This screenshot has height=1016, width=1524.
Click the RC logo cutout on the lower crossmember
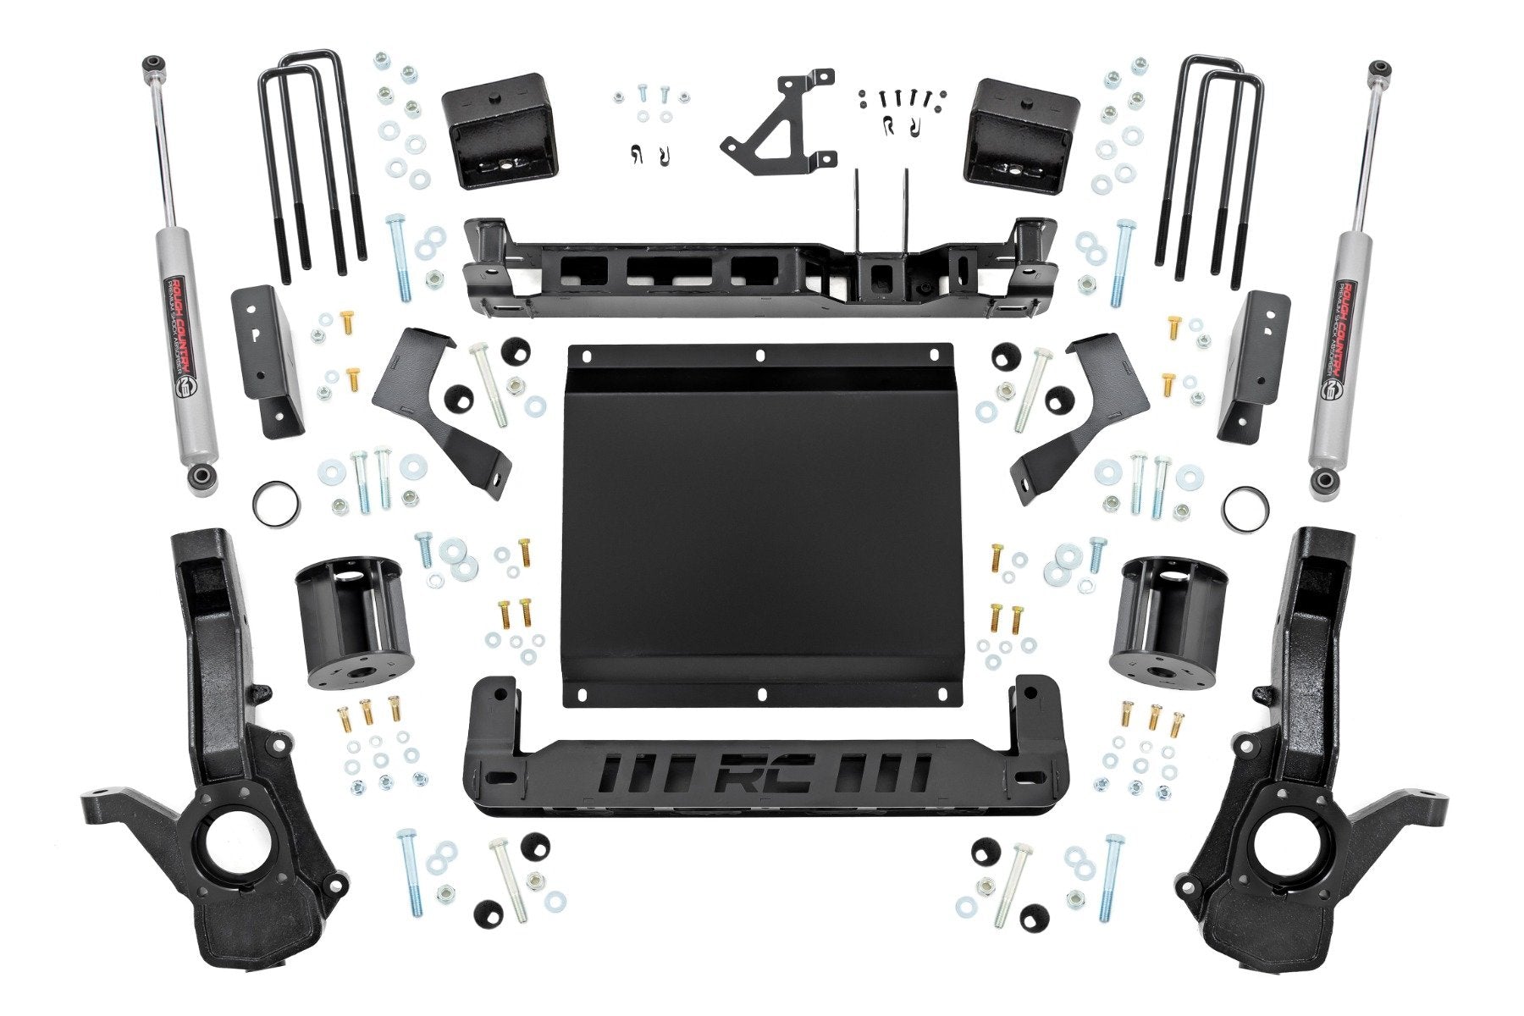(765, 772)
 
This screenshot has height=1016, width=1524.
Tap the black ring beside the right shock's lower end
(1246, 509)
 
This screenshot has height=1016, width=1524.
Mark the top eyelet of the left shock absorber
(152, 63)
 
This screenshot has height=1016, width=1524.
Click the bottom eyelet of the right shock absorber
(1325, 483)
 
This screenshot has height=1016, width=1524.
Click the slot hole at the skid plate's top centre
(759, 355)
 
